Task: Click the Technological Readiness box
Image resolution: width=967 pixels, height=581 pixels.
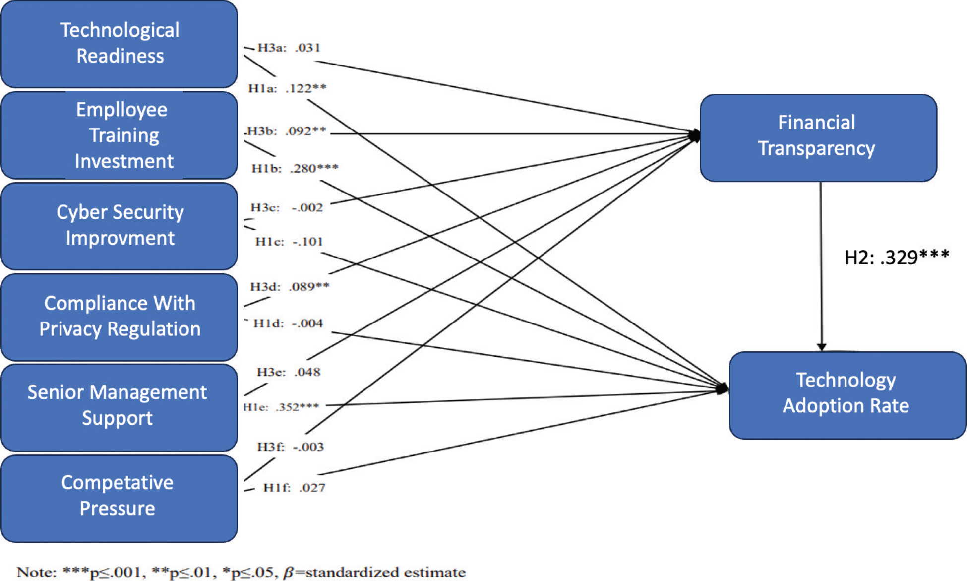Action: click(x=120, y=44)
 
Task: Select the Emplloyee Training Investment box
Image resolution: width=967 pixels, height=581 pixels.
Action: click(x=120, y=135)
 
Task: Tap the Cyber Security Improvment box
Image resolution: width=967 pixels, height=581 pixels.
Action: click(x=120, y=226)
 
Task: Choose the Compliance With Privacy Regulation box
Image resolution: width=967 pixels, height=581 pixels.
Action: click(x=120, y=317)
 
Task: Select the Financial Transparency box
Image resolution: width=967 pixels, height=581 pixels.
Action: click(x=818, y=137)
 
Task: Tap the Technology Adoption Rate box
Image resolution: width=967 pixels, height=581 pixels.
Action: click(x=847, y=394)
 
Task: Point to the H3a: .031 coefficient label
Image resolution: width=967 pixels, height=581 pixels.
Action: click(x=289, y=48)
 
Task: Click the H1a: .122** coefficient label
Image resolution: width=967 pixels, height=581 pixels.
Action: click(x=287, y=88)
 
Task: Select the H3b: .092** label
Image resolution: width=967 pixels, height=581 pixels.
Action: click(x=286, y=131)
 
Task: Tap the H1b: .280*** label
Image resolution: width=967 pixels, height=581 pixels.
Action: click(x=295, y=168)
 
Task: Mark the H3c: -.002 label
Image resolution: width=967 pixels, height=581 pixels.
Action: click(x=287, y=207)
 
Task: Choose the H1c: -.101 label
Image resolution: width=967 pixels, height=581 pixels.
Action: click(x=289, y=242)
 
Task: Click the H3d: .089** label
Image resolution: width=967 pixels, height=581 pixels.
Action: click(x=290, y=286)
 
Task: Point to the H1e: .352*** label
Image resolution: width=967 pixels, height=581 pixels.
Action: click(x=281, y=407)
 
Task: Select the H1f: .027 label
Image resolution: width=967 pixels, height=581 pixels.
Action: click(x=294, y=487)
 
